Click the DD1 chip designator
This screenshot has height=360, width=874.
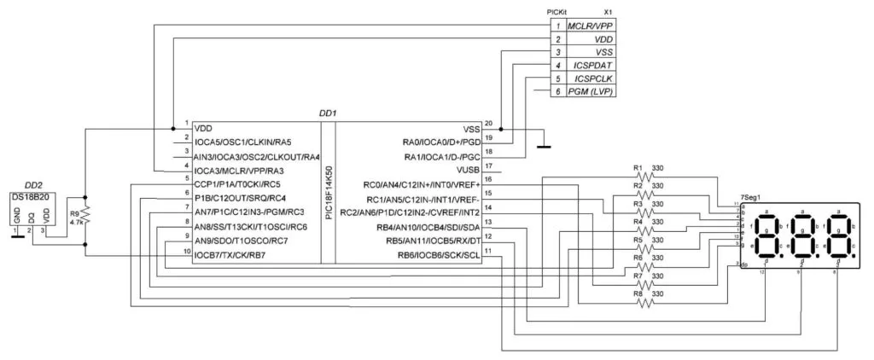click(x=328, y=113)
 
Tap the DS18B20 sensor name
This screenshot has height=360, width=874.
click(x=30, y=197)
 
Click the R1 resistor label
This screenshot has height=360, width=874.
click(x=637, y=167)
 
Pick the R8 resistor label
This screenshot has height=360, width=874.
click(x=637, y=293)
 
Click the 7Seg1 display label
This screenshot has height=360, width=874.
click(x=752, y=197)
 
